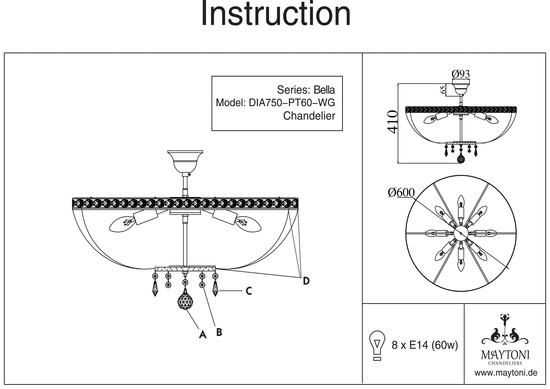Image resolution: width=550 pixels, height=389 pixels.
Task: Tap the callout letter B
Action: (219, 332)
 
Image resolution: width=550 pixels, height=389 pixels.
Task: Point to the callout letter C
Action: (249, 291)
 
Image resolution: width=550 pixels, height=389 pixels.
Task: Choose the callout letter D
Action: (306, 281)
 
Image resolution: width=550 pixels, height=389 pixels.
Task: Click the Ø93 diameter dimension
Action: (461, 74)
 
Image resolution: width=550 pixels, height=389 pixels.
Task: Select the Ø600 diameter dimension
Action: (401, 193)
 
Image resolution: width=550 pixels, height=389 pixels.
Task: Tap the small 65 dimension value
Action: (442, 90)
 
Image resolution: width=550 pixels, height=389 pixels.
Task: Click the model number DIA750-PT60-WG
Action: (292, 103)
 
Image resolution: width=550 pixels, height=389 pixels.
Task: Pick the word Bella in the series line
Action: (324, 90)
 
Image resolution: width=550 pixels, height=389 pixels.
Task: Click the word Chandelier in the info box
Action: (309, 116)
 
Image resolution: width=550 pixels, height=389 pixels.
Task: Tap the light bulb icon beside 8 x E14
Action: (377, 345)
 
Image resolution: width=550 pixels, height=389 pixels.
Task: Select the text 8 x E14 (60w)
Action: (425, 345)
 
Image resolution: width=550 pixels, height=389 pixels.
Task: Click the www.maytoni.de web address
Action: (506, 373)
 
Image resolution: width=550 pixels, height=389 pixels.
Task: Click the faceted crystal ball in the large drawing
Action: (185, 301)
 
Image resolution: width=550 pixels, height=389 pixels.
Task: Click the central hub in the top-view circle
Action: (461, 233)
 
